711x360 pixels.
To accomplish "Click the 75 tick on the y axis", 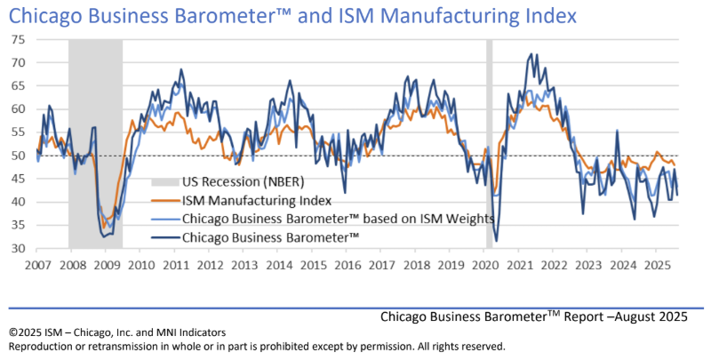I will (x=18, y=40).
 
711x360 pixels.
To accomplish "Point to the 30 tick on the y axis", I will (x=18, y=249).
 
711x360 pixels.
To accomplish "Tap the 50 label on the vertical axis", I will (x=18, y=156).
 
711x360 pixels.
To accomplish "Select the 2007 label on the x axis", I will (x=36, y=265).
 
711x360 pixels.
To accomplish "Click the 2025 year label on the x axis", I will (x=656, y=265).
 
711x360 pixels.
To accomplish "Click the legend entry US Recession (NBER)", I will (x=238, y=181).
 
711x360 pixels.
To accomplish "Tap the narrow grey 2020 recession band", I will (x=489, y=142).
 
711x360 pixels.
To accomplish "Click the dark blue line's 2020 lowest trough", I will (x=496, y=241).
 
